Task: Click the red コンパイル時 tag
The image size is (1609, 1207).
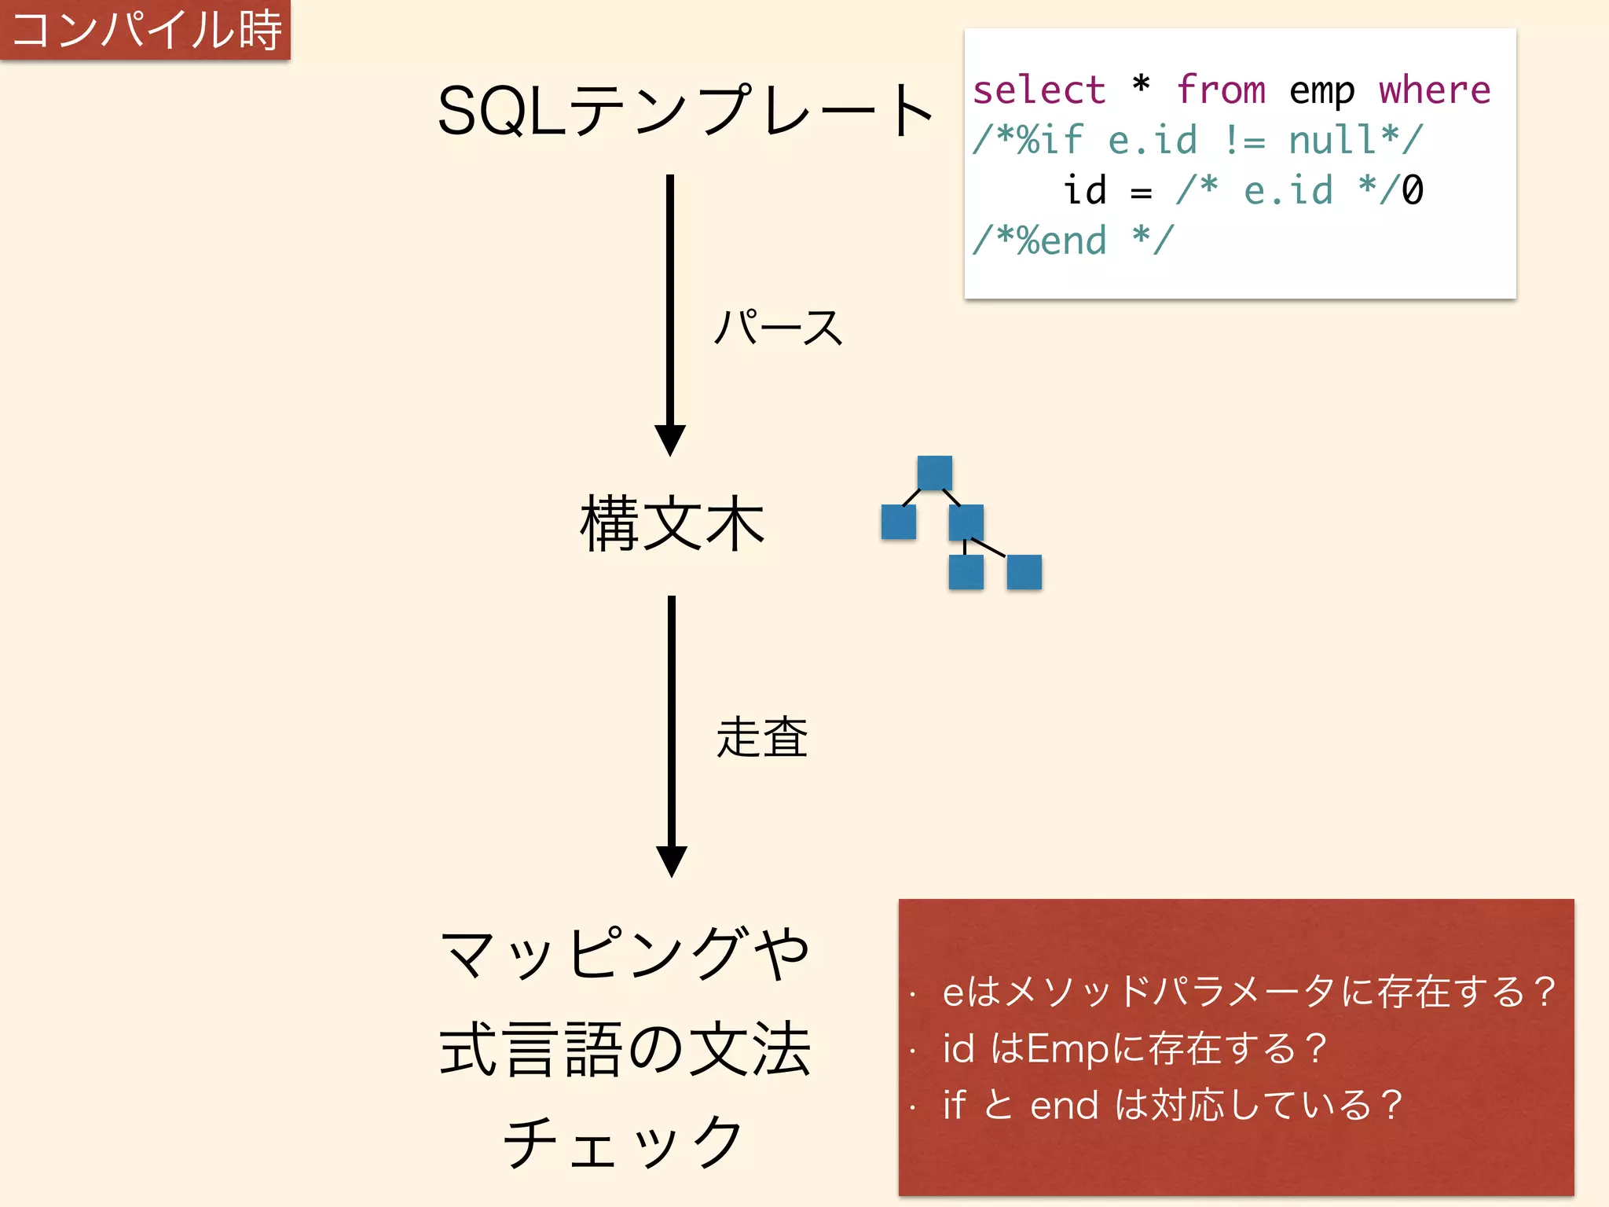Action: pyautogui.click(x=145, y=30)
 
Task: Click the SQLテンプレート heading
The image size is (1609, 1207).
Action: pyautogui.click(x=685, y=112)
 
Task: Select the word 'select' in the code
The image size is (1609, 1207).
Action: pyautogui.click(x=1039, y=90)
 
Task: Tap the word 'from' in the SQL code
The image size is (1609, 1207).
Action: pyautogui.click(x=1221, y=90)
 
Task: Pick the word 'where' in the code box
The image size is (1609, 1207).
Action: pyautogui.click(x=1435, y=90)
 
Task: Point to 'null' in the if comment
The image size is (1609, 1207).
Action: pyautogui.click(x=1332, y=140)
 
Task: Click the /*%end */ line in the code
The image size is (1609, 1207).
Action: pyautogui.click(x=1073, y=240)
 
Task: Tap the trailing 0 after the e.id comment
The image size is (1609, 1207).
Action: pyautogui.click(x=1413, y=190)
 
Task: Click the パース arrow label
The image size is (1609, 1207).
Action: pyautogui.click(x=778, y=327)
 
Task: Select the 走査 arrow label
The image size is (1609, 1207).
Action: pyautogui.click(x=762, y=737)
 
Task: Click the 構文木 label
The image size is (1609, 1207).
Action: pyautogui.click(x=673, y=523)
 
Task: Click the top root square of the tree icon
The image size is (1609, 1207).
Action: pyautogui.click(x=934, y=472)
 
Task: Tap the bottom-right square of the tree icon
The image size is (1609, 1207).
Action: pyautogui.click(x=1024, y=572)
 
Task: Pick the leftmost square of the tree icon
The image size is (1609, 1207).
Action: pyautogui.click(x=898, y=522)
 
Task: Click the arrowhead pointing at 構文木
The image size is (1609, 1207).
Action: pyautogui.click(x=670, y=440)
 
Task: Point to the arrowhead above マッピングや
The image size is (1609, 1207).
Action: pyautogui.click(x=672, y=861)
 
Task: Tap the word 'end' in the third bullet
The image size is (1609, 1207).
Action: pyautogui.click(x=1064, y=1106)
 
